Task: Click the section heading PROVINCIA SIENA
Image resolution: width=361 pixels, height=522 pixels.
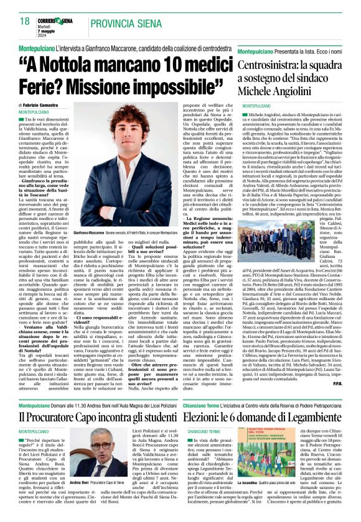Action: [124, 23]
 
